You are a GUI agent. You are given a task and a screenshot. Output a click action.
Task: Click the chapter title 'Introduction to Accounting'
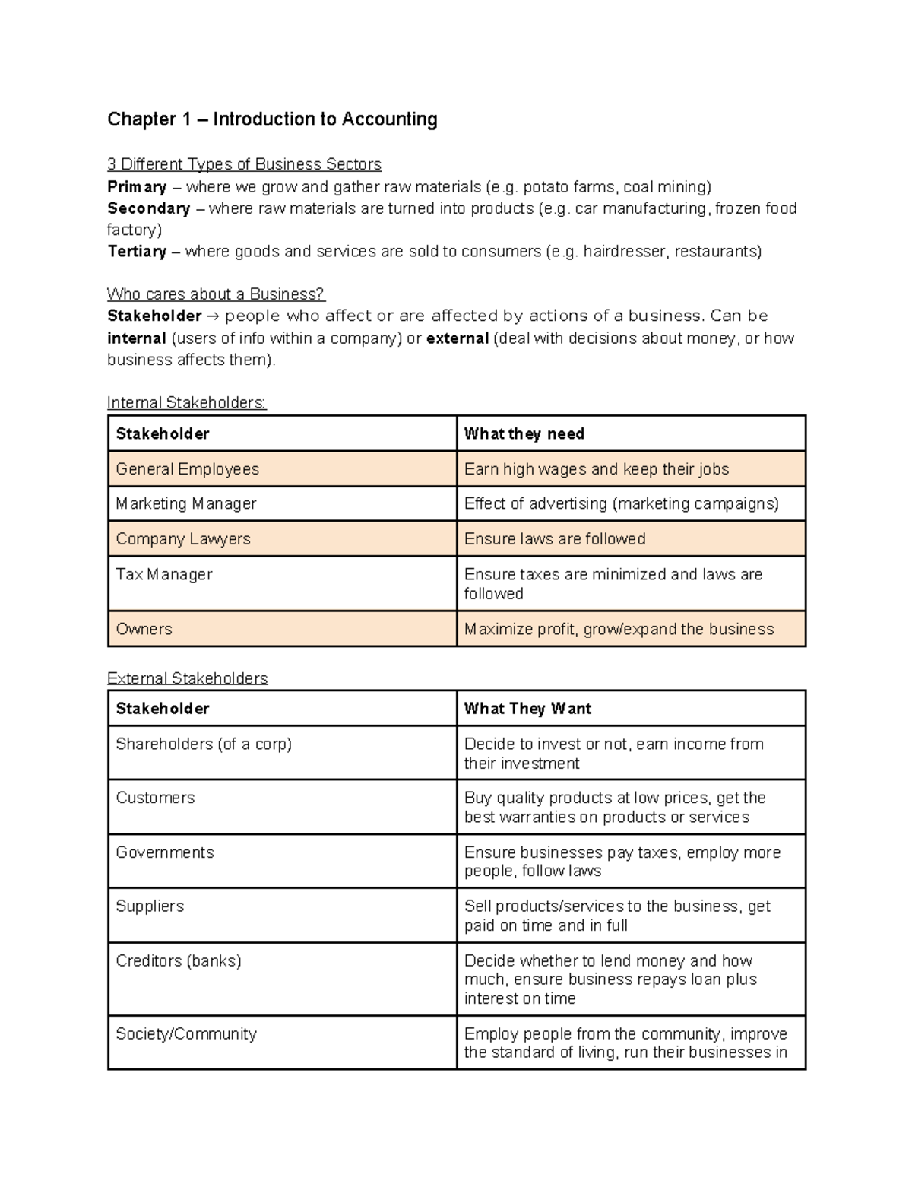(325, 119)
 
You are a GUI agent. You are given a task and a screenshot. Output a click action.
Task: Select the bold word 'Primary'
(137, 187)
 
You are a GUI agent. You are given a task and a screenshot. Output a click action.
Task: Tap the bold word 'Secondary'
(148, 208)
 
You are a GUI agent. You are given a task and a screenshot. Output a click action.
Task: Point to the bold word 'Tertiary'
(137, 252)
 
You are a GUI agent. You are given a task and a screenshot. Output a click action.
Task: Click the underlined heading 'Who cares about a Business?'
(216, 294)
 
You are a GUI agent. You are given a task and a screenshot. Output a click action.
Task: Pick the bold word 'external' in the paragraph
(458, 338)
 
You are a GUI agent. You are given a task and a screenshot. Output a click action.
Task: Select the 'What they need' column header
(524, 433)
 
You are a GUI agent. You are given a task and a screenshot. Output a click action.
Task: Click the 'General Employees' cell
(187, 469)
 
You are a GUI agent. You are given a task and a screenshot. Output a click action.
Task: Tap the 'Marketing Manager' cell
(186, 503)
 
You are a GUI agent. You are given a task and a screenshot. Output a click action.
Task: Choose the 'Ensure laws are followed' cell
(555, 539)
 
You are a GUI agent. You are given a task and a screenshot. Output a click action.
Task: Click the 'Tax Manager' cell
(164, 574)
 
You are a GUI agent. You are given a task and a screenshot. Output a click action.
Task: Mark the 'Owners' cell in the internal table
(144, 629)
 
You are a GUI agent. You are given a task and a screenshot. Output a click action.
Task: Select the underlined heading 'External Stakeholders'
(187, 678)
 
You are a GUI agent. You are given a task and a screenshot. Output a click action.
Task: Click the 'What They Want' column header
(527, 709)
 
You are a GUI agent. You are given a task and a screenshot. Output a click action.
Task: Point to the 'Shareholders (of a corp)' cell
(204, 744)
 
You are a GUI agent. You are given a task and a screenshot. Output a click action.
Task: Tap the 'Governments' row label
(165, 852)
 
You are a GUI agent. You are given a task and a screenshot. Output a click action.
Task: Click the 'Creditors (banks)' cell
(179, 960)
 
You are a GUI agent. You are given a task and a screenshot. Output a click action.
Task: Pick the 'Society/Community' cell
(186, 1033)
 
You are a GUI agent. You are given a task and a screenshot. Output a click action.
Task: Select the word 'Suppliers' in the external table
(150, 906)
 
